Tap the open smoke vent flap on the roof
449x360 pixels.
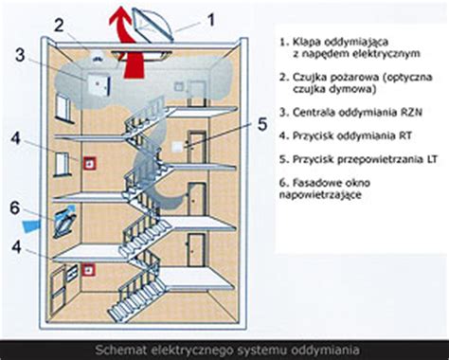pyautogui.click(x=153, y=21)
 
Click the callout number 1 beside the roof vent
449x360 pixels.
pyautogui.click(x=211, y=16)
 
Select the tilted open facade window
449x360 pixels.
pyautogui.click(x=67, y=216)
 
